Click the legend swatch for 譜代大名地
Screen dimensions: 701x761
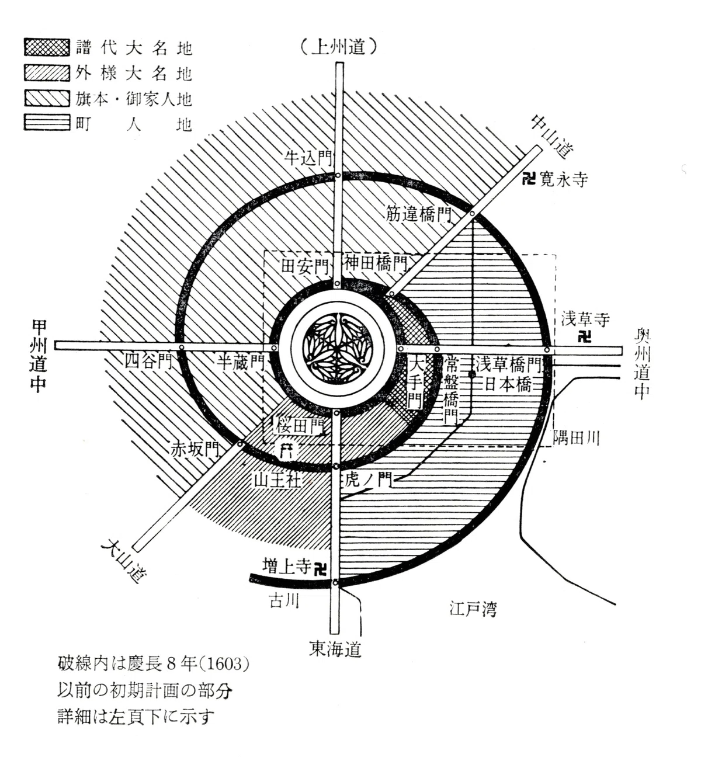click(47, 47)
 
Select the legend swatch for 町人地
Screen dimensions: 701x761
click(47, 122)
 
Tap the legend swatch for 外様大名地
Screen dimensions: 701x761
click(47, 72)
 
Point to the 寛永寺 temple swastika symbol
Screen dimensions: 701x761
click(529, 178)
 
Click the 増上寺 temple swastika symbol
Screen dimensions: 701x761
click(320, 569)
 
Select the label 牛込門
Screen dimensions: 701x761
click(308, 158)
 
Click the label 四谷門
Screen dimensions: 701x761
click(148, 362)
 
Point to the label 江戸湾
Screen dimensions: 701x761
click(473, 609)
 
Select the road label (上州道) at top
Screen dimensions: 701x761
click(338, 48)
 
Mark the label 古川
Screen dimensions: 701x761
click(284, 600)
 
